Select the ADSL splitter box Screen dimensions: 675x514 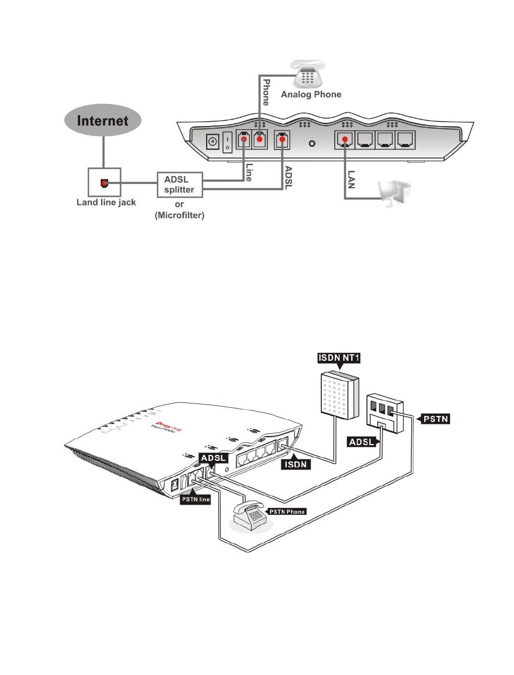click(180, 184)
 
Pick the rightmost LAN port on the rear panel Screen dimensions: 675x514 click(406, 141)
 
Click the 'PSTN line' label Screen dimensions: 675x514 click(195, 499)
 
